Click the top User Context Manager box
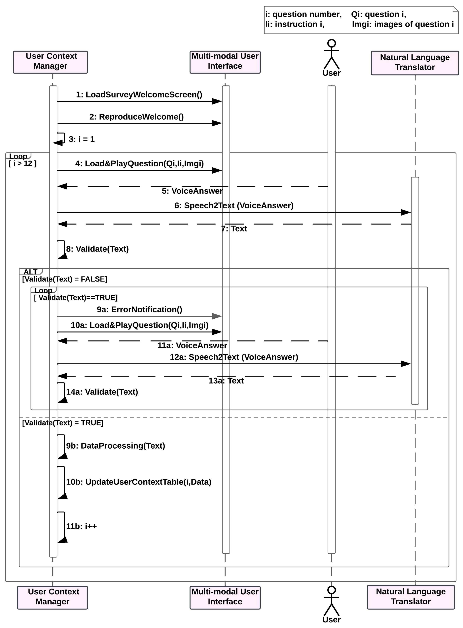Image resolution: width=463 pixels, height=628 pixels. click(50, 62)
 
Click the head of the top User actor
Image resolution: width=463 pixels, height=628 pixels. click(332, 43)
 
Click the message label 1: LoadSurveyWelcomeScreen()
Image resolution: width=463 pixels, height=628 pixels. click(139, 95)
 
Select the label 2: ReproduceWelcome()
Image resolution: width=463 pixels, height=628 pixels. click(136, 117)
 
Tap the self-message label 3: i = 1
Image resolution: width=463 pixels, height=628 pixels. click(82, 139)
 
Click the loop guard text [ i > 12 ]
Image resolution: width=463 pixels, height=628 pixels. click(23, 164)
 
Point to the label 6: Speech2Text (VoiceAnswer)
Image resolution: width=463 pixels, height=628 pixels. click(234, 206)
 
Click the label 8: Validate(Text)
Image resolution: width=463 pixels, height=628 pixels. click(97, 249)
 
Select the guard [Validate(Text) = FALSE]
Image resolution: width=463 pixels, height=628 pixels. click(65, 279)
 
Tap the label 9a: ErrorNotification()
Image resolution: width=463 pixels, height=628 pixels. click(139, 310)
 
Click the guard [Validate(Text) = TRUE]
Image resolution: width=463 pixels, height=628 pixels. click(63, 423)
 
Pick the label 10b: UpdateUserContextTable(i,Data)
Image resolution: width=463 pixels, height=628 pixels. click(138, 482)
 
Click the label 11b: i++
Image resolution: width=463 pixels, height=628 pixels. click(81, 526)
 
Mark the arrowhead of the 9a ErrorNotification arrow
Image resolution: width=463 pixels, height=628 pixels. click(217, 316)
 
